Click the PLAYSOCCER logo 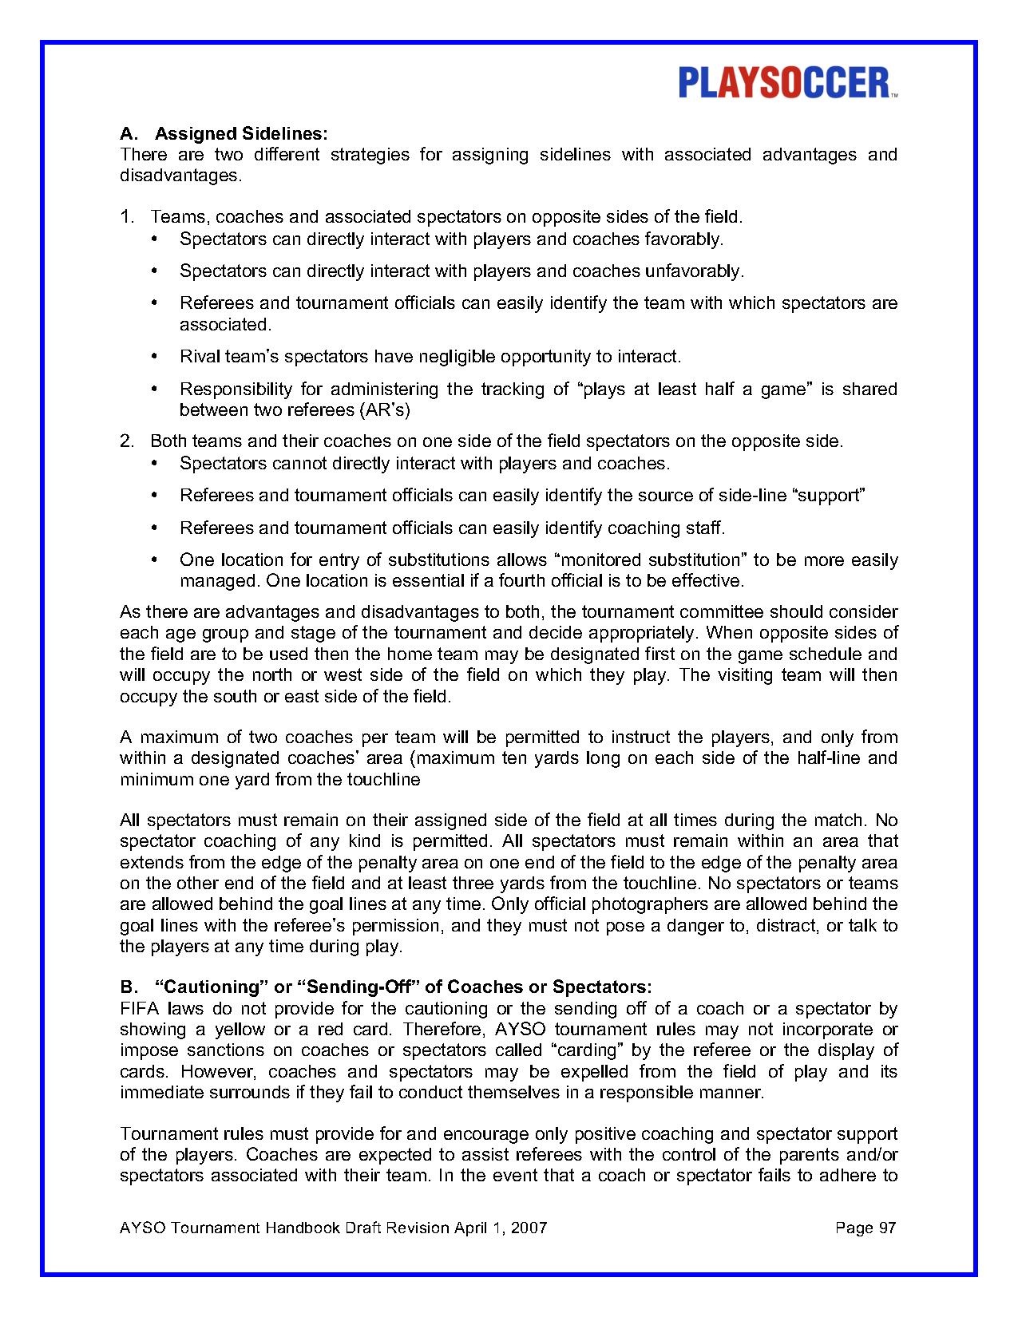coord(787,83)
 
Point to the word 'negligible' coord(468,356)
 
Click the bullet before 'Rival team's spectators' coord(154,357)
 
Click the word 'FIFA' coord(140,1009)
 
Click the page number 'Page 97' coord(865,1228)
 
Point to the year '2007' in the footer coord(529,1228)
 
